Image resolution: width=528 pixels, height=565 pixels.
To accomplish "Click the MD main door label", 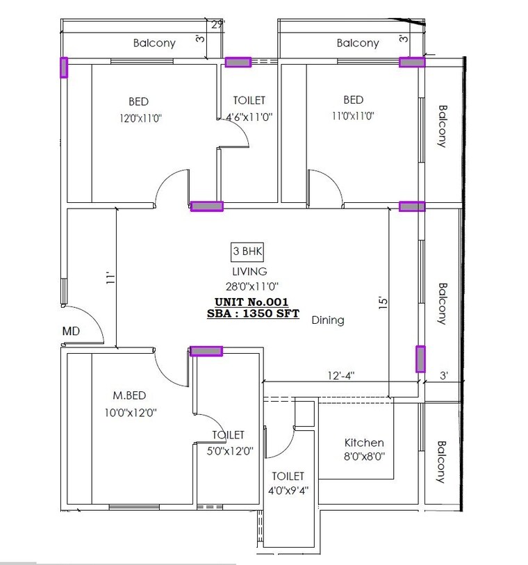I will (x=71, y=331).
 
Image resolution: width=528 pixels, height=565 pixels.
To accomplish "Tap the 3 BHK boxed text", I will (x=247, y=252).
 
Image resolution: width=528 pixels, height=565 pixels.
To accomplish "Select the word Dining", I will (x=328, y=320).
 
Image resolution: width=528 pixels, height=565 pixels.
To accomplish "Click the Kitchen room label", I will (x=364, y=443).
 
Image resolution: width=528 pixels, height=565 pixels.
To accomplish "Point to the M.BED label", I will (x=129, y=395).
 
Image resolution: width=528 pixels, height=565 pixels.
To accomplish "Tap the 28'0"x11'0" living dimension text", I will (x=249, y=286).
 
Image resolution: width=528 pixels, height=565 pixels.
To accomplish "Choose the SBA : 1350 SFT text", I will (x=253, y=313).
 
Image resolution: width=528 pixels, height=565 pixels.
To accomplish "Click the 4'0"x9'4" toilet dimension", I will (x=288, y=490).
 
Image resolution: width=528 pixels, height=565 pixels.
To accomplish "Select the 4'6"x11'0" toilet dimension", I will (x=249, y=117).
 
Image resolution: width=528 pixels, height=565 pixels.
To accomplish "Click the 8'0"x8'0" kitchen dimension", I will (x=364, y=457).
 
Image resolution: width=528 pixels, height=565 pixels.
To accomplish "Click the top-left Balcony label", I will (x=154, y=43).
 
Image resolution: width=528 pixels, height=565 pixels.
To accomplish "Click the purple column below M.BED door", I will (x=206, y=351).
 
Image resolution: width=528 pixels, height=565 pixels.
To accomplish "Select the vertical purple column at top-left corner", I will (x=64, y=67).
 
